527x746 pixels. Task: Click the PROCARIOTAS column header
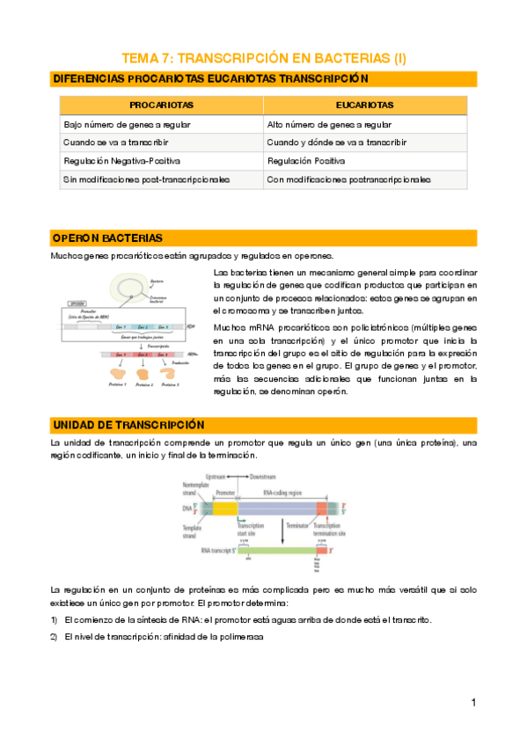[161, 105]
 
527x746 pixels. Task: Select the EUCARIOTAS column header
[364, 105]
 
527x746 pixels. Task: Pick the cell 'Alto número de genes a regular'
[330, 124]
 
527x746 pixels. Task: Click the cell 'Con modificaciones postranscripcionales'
[349, 179]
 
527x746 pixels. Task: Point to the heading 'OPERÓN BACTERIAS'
[107, 238]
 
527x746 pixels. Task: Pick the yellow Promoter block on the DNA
[225, 508]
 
